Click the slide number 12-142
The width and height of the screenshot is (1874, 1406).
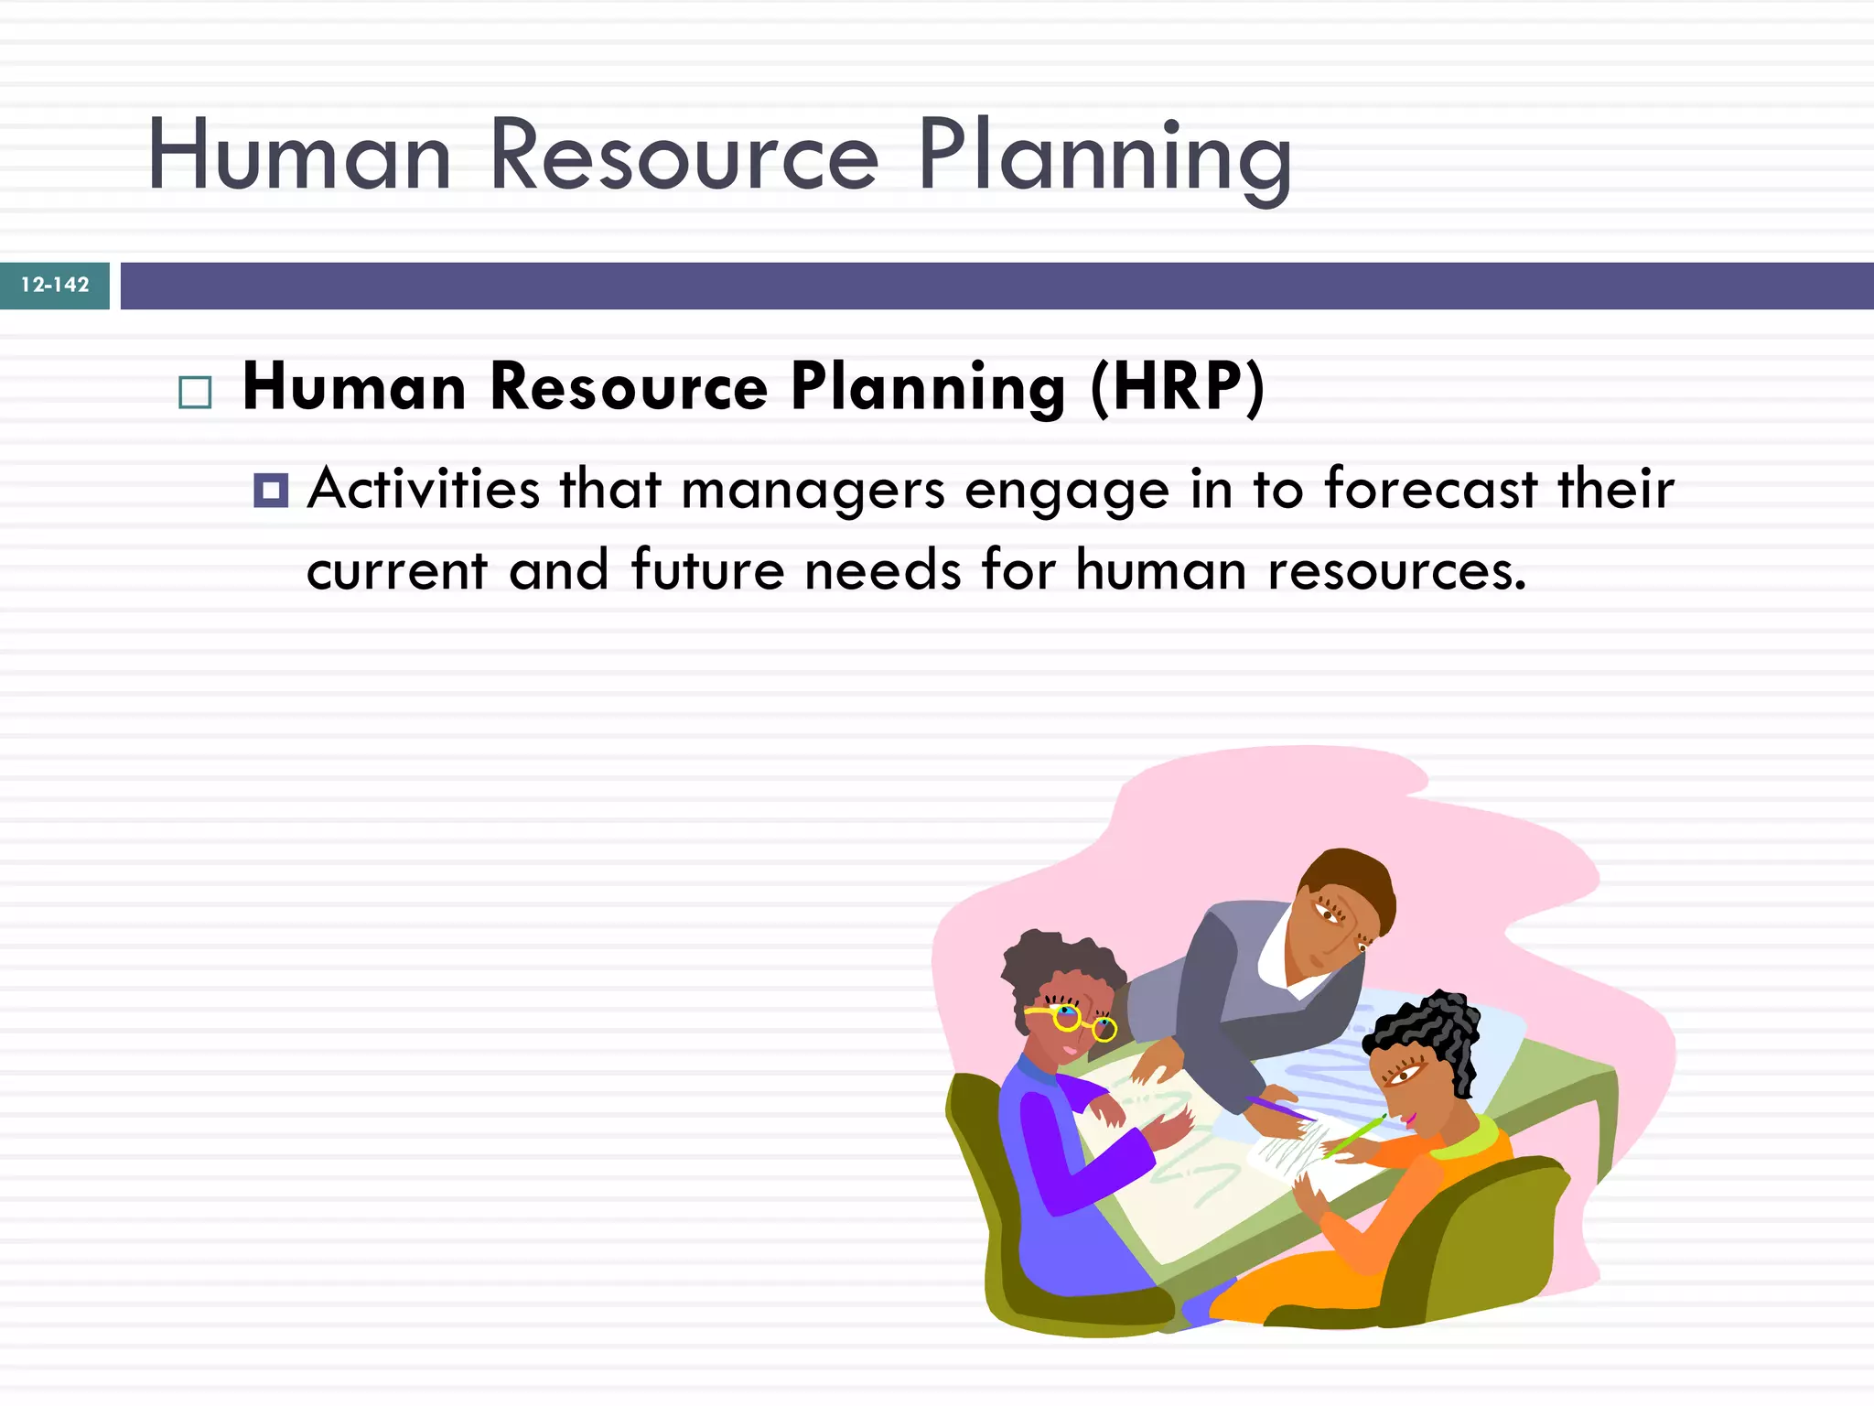[x=55, y=286]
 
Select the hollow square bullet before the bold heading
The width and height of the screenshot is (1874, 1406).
[x=195, y=393]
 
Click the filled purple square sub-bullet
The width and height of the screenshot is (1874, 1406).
[x=271, y=491]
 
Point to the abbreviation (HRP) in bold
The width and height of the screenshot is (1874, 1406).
[x=1177, y=388]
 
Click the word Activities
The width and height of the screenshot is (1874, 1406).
[x=423, y=489]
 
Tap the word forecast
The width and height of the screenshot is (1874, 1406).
[x=1430, y=489]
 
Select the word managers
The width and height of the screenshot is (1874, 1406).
[x=813, y=491]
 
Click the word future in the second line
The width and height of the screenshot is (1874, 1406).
[x=707, y=570]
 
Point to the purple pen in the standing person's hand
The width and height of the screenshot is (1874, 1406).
[x=1281, y=1109]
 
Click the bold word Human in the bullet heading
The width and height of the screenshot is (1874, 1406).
[x=354, y=388]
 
